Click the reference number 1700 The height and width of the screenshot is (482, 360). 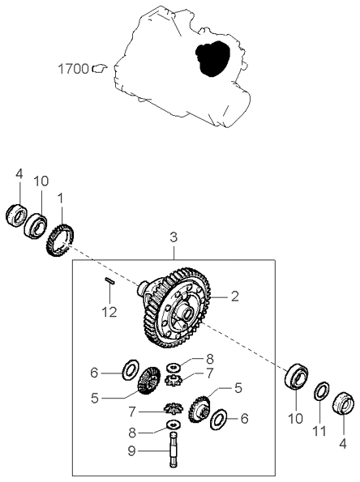73,69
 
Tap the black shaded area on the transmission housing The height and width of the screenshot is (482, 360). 212,58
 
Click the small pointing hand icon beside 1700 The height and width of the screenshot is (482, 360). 100,69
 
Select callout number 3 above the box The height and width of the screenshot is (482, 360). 174,237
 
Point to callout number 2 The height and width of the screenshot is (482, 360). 235,296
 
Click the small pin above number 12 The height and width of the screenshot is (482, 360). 109,280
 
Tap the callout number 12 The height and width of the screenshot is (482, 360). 109,313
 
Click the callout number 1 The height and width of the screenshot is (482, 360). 61,199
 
